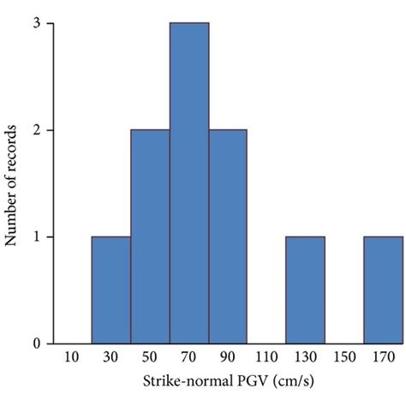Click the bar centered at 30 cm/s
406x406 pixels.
[110, 290]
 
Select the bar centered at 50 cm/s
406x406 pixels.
[150, 236]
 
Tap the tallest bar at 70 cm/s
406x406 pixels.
[188, 183]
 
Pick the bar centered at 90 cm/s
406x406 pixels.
[228, 236]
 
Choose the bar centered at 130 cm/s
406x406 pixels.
[305, 290]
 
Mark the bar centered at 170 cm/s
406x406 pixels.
[382, 290]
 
